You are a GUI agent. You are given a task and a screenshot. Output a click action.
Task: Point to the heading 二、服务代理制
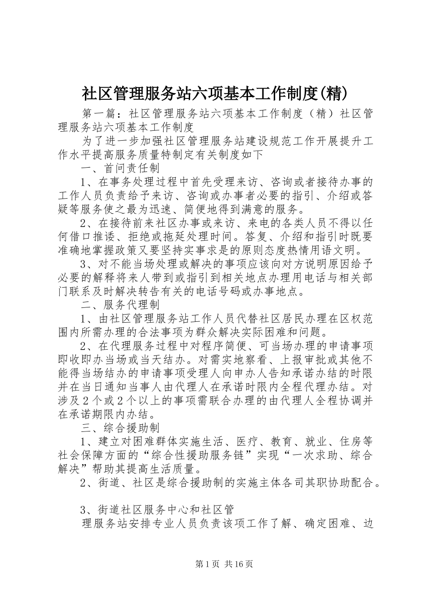click(120, 305)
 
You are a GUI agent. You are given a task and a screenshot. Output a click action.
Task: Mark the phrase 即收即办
click(80, 360)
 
